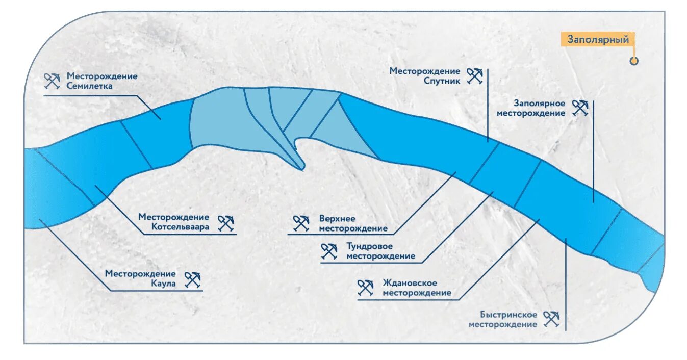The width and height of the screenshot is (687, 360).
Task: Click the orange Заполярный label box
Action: pyautogui.click(x=598, y=39)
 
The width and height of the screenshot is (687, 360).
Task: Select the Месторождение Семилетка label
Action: pyautogui.click(x=102, y=81)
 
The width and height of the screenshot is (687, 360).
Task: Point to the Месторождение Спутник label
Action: pyautogui.click(x=425, y=76)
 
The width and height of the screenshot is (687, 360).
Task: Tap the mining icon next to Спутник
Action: pyautogui.click(x=474, y=76)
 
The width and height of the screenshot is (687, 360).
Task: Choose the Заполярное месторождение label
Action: pyautogui.click(x=531, y=108)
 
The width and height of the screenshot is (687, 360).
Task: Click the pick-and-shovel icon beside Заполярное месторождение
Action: pyautogui.click(x=580, y=108)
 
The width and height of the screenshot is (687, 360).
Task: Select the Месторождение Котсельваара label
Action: pyautogui.click(x=173, y=222)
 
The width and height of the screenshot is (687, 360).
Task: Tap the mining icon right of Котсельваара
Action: pyautogui.click(x=225, y=223)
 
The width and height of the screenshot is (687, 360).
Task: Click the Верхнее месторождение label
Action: pyautogui.click(x=353, y=223)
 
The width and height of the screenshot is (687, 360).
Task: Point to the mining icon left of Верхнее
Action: pyautogui.click(x=301, y=223)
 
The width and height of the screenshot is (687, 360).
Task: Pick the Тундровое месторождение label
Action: pyautogui.click(x=380, y=251)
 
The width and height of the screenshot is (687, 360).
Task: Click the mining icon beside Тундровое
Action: pyautogui.click(x=329, y=251)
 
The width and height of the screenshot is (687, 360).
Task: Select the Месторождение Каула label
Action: pyautogui.click(x=140, y=278)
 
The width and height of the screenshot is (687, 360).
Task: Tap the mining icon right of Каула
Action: pyautogui.click(x=193, y=279)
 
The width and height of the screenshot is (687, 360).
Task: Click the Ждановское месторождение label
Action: pyautogui.click(x=417, y=288)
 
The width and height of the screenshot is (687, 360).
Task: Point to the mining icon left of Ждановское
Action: pyautogui.click(x=365, y=288)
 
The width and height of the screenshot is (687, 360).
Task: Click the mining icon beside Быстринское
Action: pyautogui.click(x=551, y=319)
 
